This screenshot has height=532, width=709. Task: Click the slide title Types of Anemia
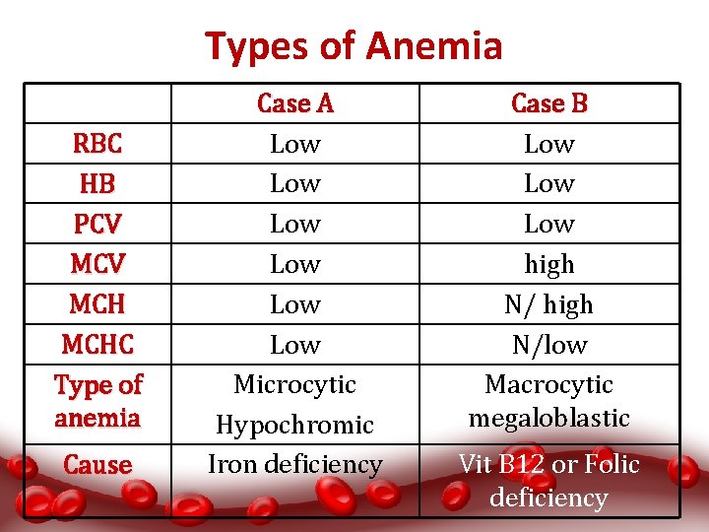pyautogui.click(x=354, y=46)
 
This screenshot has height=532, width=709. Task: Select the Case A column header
pyautogui.click(x=294, y=103)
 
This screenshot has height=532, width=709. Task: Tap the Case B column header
pyautogui.click(x=548, y=103)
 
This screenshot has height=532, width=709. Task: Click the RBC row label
pyautogui.click(x=97, y=144)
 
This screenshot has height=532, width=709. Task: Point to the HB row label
pyautogui.click(x=97, y=184)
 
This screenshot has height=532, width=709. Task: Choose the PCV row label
pyautogui.click(x=97, y=225)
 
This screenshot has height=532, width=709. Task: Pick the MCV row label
pyautogui.click(x=97, y=265)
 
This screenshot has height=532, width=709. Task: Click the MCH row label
pyautogui.click(x=97, y=305)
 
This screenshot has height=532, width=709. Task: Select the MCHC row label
pyautogui.click(x=97, y=346)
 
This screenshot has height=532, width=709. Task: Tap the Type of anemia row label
pyautogui.click(x=97, y=401)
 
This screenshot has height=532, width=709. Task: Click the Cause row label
pyautogui.click(x=97, y=465)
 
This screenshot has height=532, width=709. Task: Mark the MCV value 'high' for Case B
pyautogui.click(x=548, y=265)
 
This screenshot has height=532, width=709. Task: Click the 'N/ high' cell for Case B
pyautogui.click(x=548, y=305)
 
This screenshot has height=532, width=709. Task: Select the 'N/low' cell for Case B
pyautogui.click(x=548, y=346)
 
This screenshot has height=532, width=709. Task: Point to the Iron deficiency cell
pyautogui.click(x=294, y=464)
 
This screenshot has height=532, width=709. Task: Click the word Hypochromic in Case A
pyautogui.click(x=294, y=426)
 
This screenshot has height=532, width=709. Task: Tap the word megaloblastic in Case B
pyautogui.click(x=548, y=419)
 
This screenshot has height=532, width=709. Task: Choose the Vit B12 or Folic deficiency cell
pyautogui.click(x=548, y=481)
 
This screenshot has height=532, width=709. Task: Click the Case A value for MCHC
pyautogui.click(x=294, y=346)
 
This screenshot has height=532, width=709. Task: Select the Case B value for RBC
pyautogui.click(x=548, y=144)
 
